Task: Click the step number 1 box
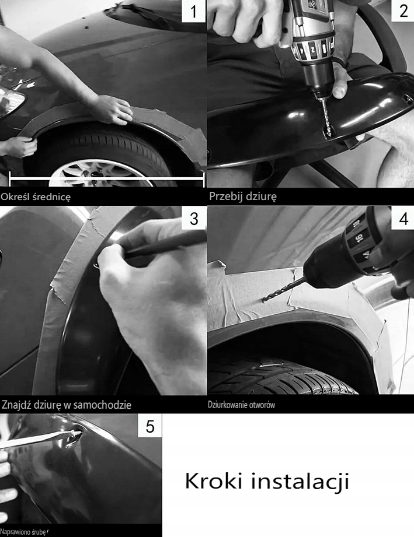[x=193, y=11]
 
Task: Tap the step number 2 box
[x=403, y=10]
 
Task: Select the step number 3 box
[x=194, y=219]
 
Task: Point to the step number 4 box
[x=403, y=218]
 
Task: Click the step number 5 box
[x=150, y=426]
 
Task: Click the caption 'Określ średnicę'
[x=36, y=197]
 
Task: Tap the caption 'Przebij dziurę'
[x=243, y=196]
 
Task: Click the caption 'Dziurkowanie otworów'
[x=242, y=405]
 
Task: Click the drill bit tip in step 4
[x=263, y=301]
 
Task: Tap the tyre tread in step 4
[x=281, y=377]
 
